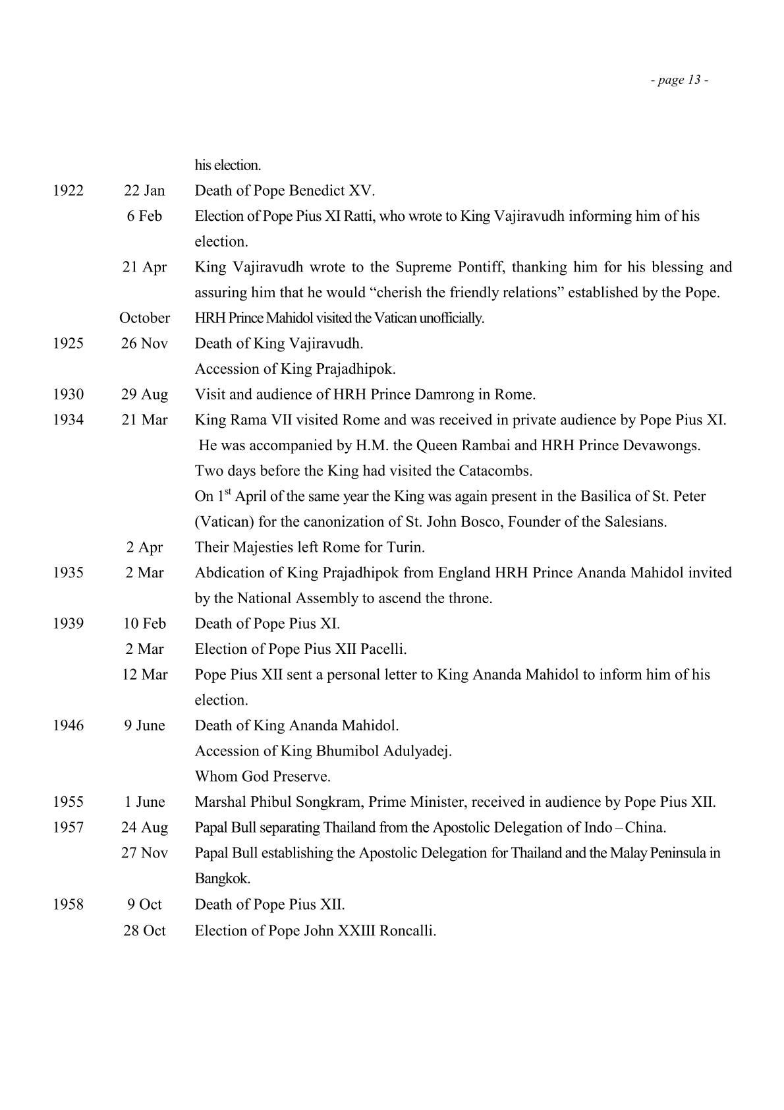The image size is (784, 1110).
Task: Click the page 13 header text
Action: click(679, 80)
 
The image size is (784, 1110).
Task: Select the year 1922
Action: click(69, 191)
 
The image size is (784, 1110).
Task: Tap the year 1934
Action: click(69, 420)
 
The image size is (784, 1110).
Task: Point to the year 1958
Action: click(69, 904)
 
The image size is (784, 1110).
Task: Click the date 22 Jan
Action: click(144, 191)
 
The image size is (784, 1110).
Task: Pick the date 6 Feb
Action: click(144, 216)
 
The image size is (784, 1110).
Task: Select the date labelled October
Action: click(144, 318)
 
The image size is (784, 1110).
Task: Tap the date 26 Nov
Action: click(144, 343)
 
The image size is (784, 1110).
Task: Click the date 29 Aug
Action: click(144, 395)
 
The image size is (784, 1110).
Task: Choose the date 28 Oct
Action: click(144, 931)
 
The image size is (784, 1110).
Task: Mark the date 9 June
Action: click(144, 726)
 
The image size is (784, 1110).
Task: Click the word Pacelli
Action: click(383, 649)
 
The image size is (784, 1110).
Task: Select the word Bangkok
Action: click(222, 879)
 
